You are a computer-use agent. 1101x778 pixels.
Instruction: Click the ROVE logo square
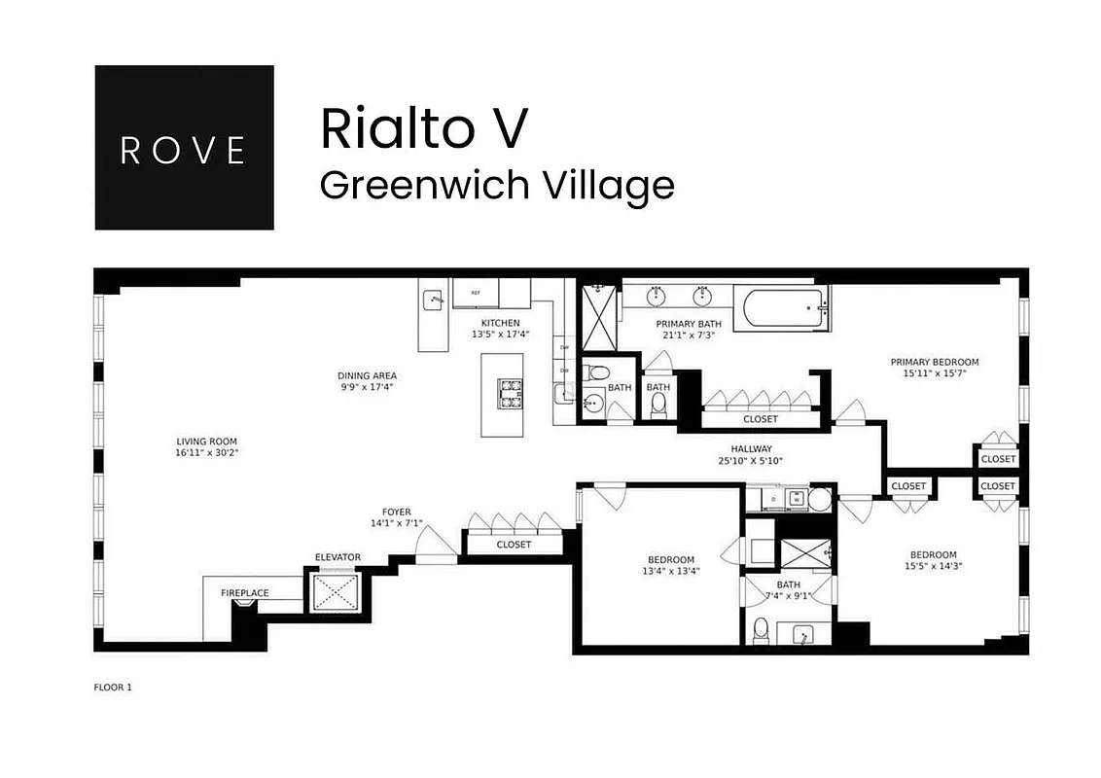tap(184, 148)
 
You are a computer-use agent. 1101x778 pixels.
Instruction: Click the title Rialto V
tap(424, 128)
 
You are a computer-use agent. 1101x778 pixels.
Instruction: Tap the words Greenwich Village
tap(497, 184)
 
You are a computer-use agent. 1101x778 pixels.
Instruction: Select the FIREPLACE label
tap(245, 593)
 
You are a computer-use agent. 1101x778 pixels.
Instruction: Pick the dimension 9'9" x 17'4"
tap(367, 387)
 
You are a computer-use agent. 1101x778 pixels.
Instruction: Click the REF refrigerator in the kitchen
tap(476, 293)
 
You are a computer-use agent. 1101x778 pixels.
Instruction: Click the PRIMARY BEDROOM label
tap(935, 362)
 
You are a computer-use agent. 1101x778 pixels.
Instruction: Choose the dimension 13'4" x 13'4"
tap(671, 571)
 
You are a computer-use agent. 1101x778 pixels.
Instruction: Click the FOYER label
tap(396, 512)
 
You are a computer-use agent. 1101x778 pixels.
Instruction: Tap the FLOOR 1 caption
tap(112, 688)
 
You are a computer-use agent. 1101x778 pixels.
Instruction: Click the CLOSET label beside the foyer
tap(514, 545)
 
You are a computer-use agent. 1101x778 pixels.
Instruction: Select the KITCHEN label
tap(501, 323)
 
